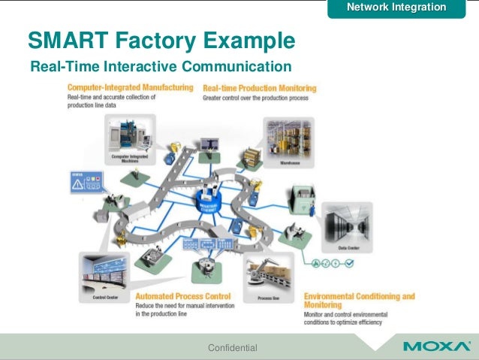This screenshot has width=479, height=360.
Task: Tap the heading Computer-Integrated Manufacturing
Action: coord(131,88)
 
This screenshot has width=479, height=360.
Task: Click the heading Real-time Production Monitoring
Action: coord(260,88)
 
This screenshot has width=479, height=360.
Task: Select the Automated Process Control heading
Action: coord(183,296)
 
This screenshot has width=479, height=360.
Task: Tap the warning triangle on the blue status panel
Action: coord(77,186)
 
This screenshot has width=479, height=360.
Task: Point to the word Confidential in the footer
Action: coord(232,347)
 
